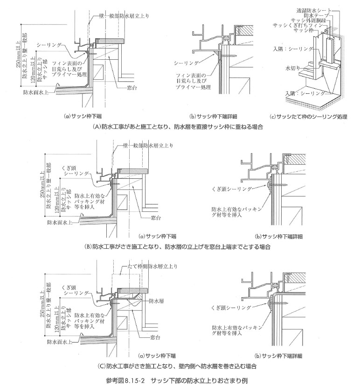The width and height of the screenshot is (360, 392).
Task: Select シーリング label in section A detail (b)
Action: (186, 62)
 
